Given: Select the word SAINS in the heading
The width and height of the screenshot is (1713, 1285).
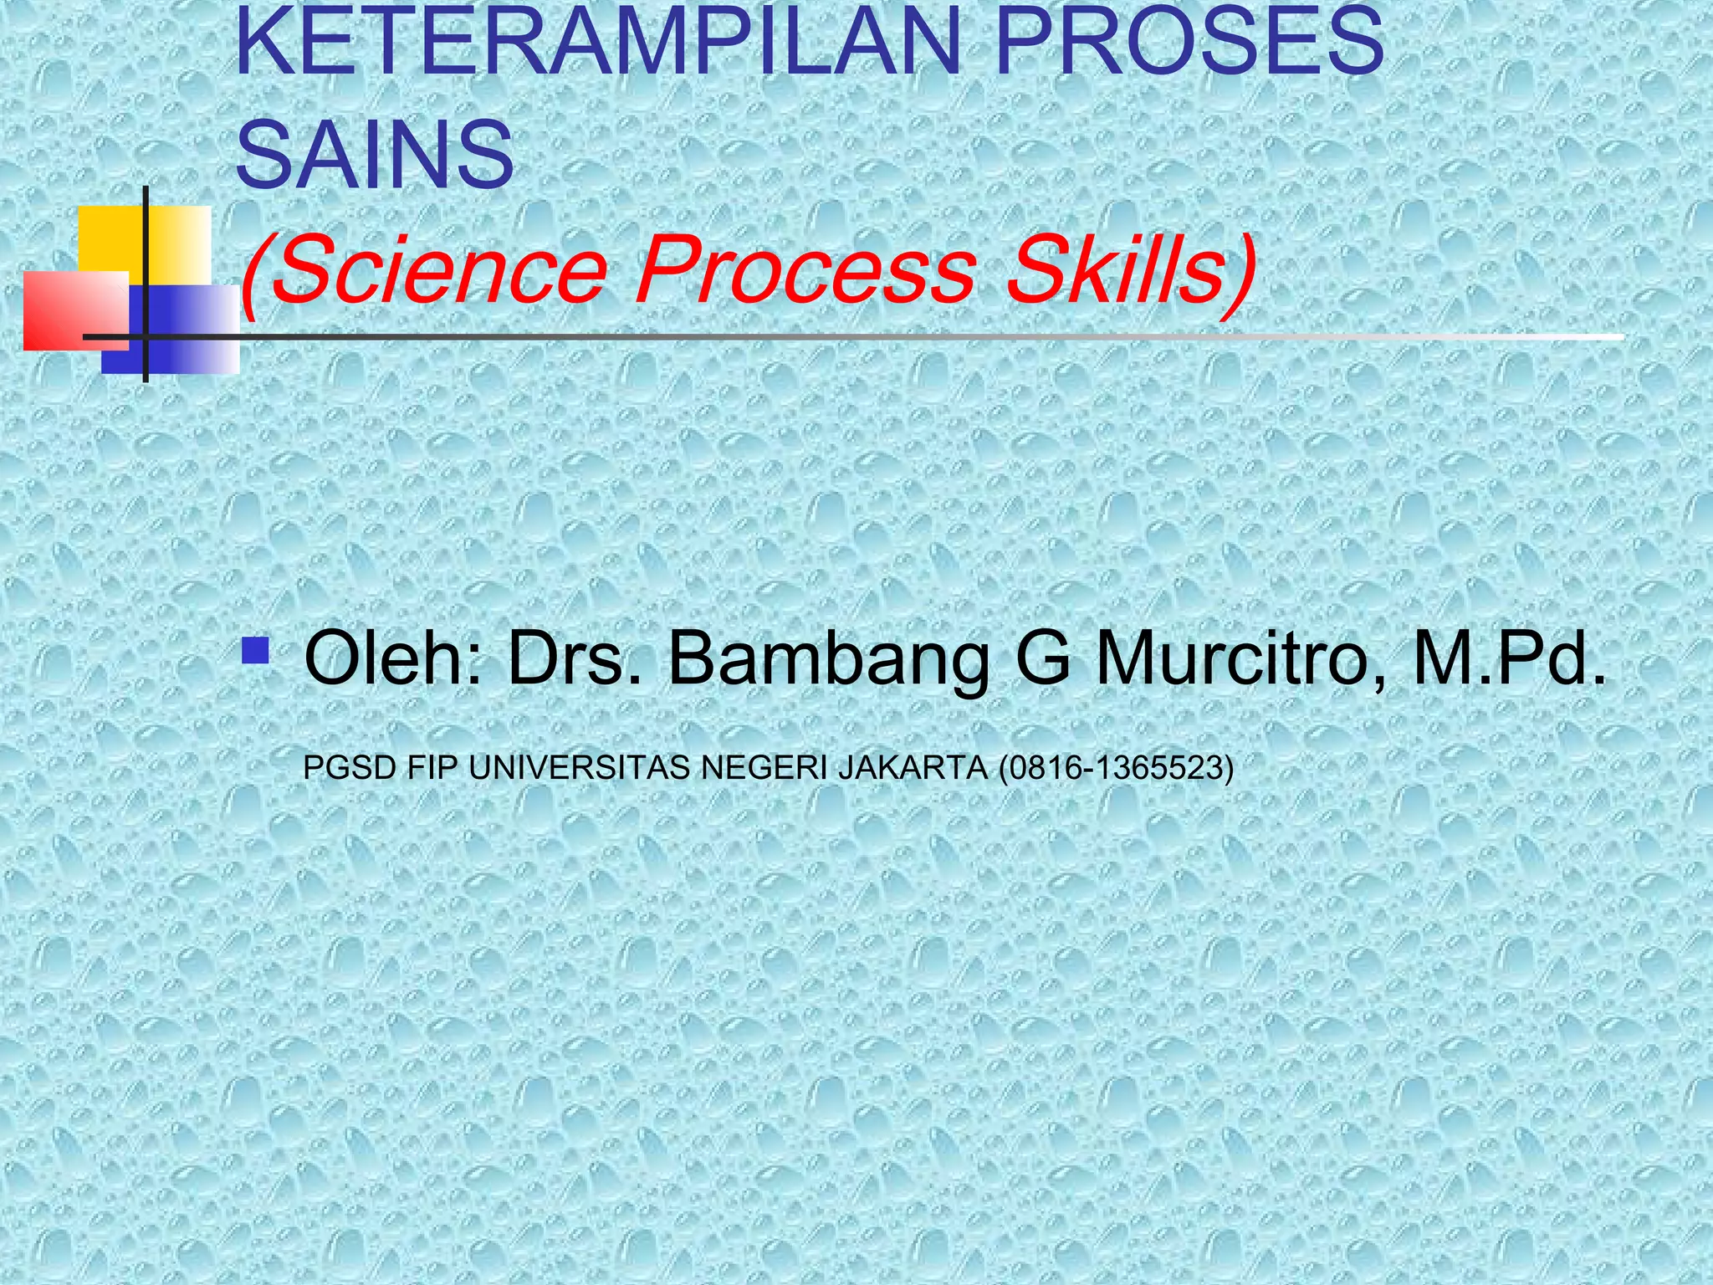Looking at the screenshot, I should tap(375, 155).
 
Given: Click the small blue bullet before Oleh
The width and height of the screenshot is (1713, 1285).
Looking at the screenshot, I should tap(254, 650).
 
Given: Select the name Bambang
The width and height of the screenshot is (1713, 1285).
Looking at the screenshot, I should tap(828, 661).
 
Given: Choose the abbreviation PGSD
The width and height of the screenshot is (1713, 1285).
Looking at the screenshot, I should tap(349, 767).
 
